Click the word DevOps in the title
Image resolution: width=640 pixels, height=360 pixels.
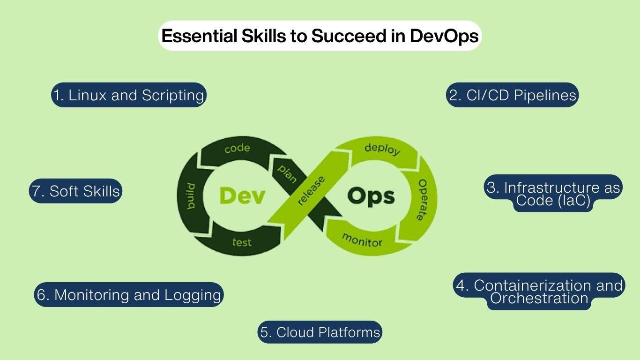444,36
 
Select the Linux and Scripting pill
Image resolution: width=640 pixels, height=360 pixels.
129,95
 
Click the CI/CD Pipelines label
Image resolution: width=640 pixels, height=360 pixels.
512,95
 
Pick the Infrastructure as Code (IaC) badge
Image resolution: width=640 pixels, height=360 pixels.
553,194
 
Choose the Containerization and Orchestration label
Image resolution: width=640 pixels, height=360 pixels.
539,292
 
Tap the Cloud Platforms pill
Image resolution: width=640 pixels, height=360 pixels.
320,332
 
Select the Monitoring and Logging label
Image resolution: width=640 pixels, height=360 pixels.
129,295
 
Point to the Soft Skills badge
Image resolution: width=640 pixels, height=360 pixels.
75,191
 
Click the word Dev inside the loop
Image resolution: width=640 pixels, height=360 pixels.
242,196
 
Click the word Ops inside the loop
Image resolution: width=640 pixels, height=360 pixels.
371,196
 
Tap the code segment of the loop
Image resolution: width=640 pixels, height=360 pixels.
237,149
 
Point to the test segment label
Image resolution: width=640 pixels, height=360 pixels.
242,242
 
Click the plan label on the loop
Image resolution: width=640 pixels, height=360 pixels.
287,173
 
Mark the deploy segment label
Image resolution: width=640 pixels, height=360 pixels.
382,149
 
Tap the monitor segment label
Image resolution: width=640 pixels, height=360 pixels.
362,239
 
